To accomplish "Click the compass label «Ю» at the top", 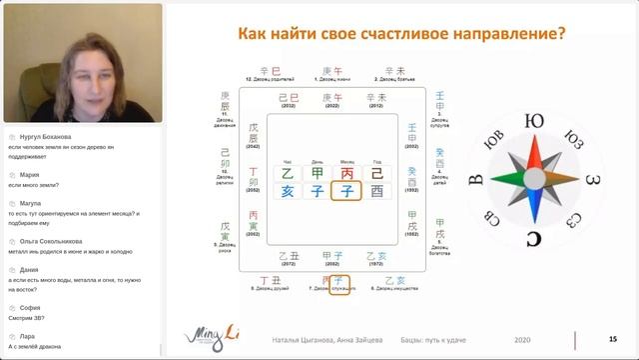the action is point(535,122).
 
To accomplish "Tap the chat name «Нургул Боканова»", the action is point(40,136).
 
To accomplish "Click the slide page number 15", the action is point(612,340).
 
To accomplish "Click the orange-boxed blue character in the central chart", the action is point(346,191).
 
